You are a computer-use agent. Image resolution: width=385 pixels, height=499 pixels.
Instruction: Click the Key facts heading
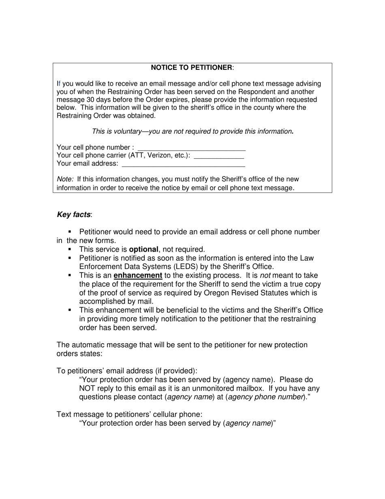74,215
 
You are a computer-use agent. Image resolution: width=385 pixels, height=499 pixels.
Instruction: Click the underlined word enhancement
138,276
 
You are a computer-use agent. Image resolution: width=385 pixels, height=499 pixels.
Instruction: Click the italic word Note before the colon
64,179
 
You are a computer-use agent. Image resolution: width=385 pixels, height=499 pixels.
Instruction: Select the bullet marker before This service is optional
70,249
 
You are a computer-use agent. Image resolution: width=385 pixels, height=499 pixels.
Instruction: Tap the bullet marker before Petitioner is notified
70,258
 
